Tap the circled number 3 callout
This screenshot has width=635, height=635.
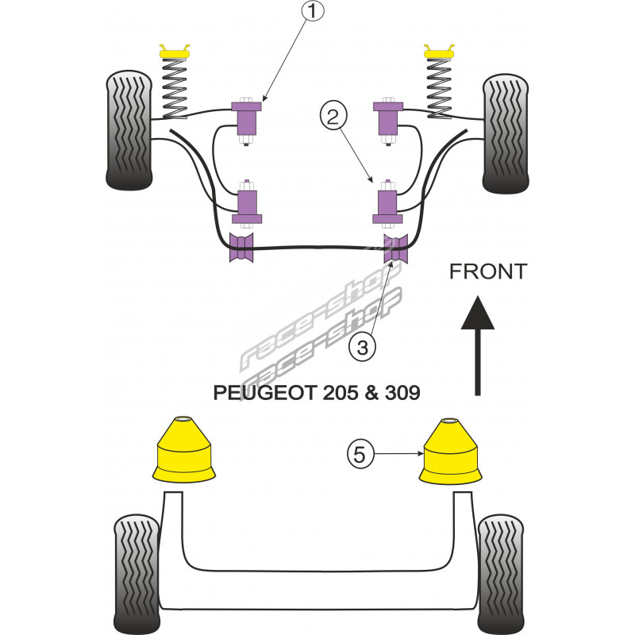[361, 347]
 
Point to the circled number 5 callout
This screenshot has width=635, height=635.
[360, 455]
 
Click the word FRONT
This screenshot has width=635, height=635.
[487, 271]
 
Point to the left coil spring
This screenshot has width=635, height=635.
[175, 89]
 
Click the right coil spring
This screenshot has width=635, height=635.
[438, 89]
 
